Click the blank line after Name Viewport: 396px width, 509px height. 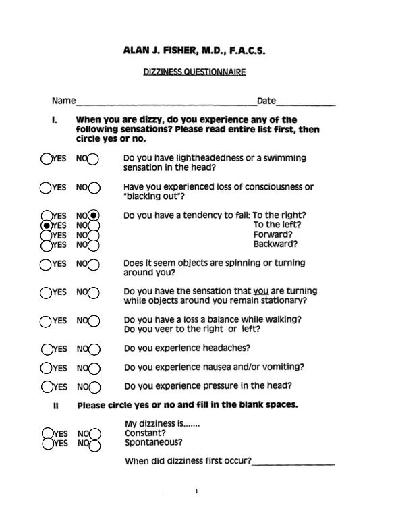tap(166, 103)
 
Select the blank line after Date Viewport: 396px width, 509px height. tap(306, 103)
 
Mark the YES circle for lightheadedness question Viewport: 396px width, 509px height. tap(47, 159)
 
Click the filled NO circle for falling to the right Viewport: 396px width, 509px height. tap(94, 215)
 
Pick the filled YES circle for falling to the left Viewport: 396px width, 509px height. tap(47, 225)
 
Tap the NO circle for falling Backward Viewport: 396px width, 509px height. tap(94, 244)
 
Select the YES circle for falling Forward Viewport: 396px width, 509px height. tap(47, 234)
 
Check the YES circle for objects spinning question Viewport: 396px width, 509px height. tap(47, 264)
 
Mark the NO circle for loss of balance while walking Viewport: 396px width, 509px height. tap(93, 321)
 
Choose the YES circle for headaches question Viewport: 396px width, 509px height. tap(47, 349)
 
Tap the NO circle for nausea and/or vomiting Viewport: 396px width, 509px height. tap(93, 368)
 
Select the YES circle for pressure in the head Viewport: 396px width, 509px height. tap(47, 387)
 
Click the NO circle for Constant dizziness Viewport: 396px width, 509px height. tap(94, 434)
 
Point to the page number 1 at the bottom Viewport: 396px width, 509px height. tap(196, 491)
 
